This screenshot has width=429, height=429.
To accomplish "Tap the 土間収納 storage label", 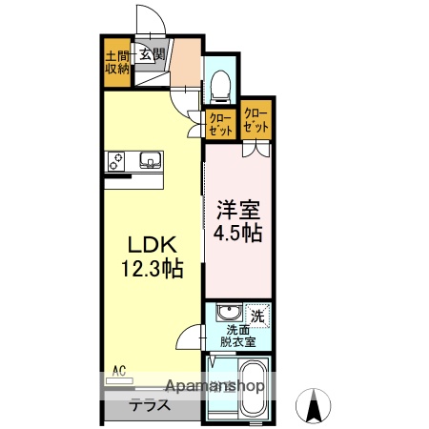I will click(117, 61).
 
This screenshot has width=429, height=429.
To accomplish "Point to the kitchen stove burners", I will click(119, 160).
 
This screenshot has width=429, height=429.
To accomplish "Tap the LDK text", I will click(143, 243).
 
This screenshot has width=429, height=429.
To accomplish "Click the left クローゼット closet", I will click(221, 122).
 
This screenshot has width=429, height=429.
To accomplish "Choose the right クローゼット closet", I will click(255, 120).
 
